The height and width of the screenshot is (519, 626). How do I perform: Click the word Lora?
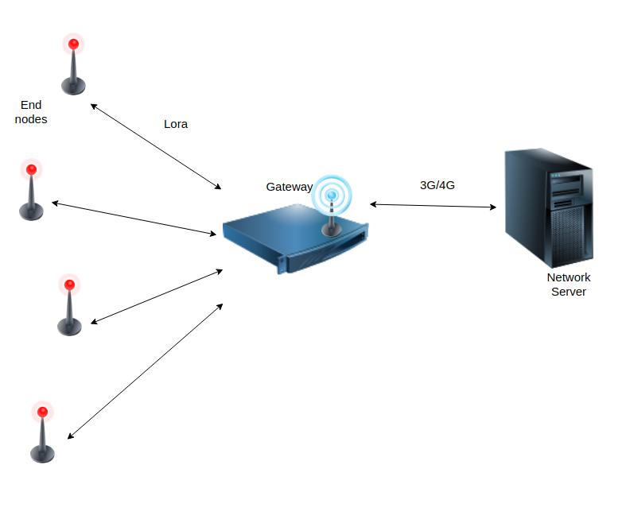[x=176, y=124]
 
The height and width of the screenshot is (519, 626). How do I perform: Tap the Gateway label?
[x=289, y=187]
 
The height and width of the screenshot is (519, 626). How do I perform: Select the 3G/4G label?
[x=437, y=185]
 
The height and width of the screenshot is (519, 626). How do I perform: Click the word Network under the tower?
[x=569, y=277]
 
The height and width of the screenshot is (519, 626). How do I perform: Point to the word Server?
[x=569, y=292]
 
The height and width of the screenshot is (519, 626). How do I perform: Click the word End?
[x=31, y=105]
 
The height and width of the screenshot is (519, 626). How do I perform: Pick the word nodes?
[x=31, y=119]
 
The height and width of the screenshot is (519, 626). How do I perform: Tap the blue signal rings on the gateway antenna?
[x=332, y=196]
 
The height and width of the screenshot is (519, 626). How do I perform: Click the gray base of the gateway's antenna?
[x=332, y=230]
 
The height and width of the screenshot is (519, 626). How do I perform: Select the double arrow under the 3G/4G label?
[x=434, y=206]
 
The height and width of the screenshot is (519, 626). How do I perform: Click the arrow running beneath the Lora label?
[x=156, y=146]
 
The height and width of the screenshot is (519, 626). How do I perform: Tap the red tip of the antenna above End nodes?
[x=73, y=44]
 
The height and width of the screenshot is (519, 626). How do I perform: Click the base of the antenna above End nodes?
[x=73, y=86]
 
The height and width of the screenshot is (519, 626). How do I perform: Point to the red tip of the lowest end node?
[x=43, y=412]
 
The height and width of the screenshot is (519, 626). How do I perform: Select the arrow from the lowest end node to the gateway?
[x=146, y=371]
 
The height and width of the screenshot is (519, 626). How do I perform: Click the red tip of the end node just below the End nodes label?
[x=32, y=169]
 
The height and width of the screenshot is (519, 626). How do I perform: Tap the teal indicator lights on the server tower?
[x=556, y=176]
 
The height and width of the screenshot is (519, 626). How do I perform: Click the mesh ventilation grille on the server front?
[x=567, y=235]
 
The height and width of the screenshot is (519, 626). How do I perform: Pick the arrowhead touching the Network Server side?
[x=493, y=207]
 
